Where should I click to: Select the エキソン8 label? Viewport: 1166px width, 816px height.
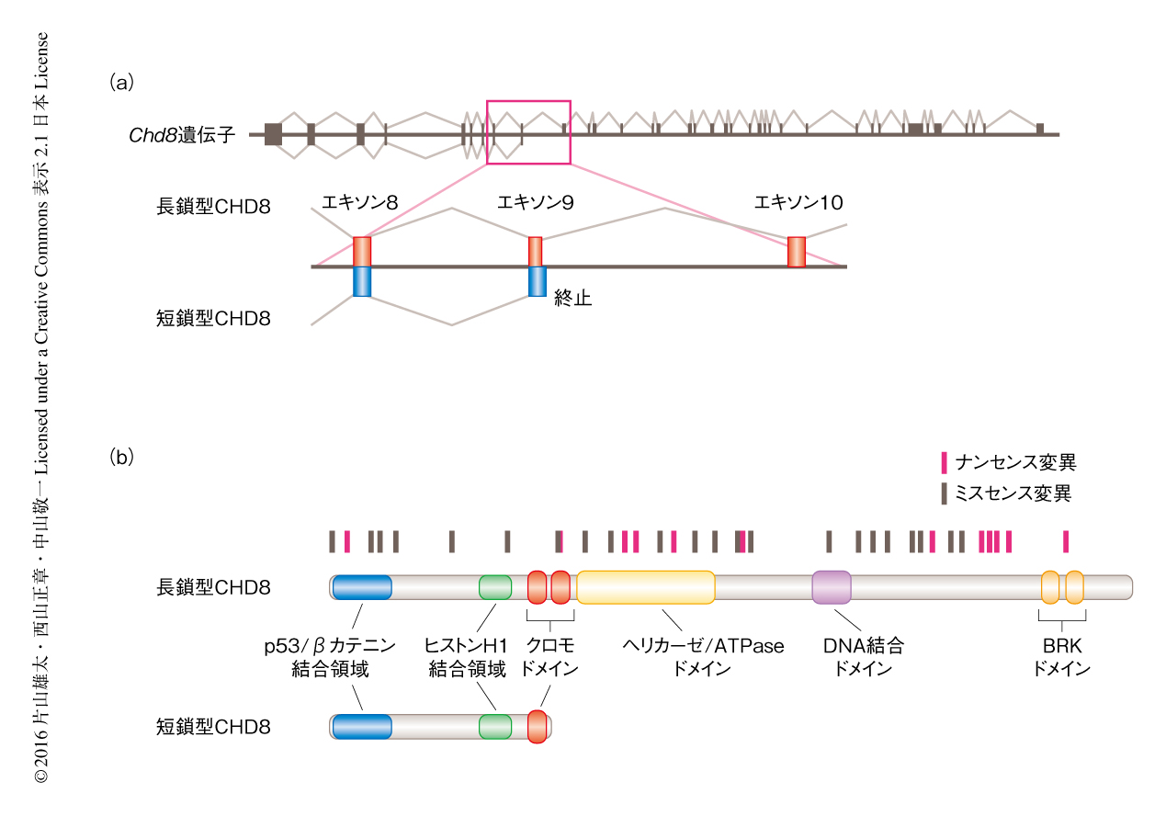(360, 202)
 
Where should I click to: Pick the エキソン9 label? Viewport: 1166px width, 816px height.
(536, 202)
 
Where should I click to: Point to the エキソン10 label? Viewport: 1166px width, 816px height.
(798, 202)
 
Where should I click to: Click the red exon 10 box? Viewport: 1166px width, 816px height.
(797, 252)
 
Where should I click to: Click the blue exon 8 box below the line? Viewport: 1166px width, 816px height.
(362, 281)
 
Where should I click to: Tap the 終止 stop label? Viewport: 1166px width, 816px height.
(572, 299)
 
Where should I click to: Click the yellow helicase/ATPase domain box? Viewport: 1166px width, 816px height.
(645, 587)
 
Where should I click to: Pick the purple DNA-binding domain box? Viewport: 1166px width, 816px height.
(832, 587)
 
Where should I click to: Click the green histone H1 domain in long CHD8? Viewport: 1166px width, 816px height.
(495, 587)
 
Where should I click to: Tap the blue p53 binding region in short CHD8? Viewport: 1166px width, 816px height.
(362, 726)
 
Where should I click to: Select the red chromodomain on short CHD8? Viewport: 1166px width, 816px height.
(538, 726)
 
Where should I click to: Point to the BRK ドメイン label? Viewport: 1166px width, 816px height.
(1061, 657)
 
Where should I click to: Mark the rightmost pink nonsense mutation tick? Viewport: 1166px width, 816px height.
(1066, 541)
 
